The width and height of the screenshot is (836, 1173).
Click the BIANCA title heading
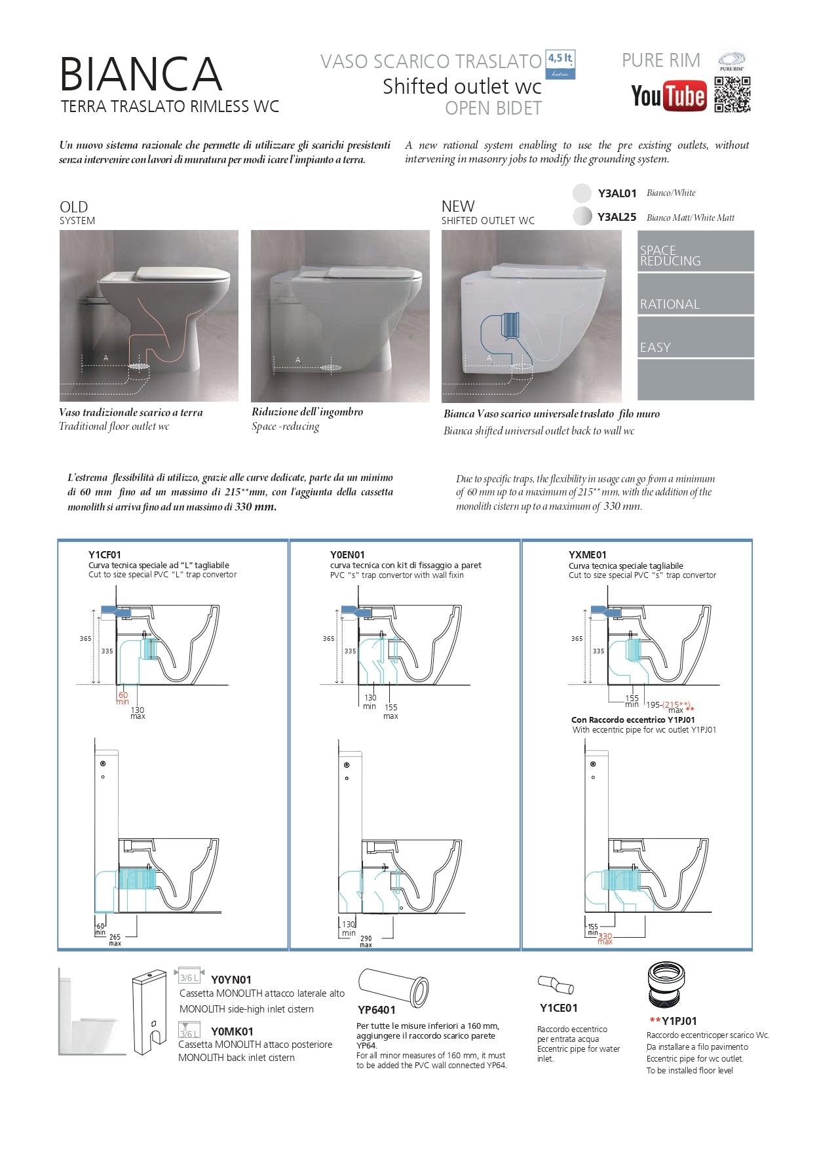tap(141, 74)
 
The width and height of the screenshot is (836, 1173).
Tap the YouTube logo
tap(668, 96)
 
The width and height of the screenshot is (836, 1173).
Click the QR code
tap(732, 95)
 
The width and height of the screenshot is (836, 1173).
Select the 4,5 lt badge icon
tap(560, 66)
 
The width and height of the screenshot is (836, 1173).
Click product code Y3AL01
tap(617, 193)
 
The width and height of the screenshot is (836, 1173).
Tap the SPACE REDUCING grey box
tap(695, 252)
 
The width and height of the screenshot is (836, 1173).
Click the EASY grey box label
tap(656, 347)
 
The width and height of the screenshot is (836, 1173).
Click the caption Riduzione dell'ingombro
tap(307, 412)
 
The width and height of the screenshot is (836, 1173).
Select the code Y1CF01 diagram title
tap(105, 554)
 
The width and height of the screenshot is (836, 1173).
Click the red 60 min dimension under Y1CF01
tap(123, 698)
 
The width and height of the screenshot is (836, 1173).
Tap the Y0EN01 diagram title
tap(347, 554)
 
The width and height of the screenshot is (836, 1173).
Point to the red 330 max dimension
tap(605, 938)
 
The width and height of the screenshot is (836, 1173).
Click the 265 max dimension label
tap(115, 940)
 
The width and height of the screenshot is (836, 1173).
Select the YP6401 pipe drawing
tap(393, 987)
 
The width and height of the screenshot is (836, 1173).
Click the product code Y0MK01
tap(232, 1031)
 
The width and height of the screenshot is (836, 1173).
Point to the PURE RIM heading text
tap(660, 60)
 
